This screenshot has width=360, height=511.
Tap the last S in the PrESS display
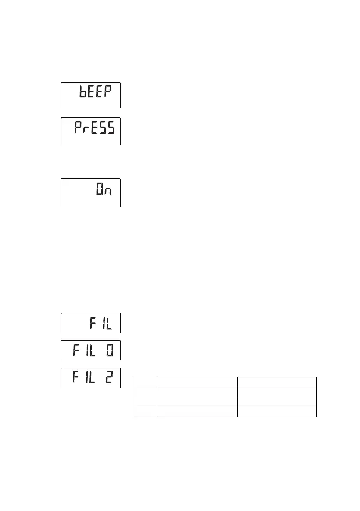(x=111, y=128)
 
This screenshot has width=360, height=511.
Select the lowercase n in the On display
(x=109, y=191)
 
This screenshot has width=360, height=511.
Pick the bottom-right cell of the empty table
(x=277, y=412)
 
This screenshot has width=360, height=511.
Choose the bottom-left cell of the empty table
(x=146, y=412)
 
